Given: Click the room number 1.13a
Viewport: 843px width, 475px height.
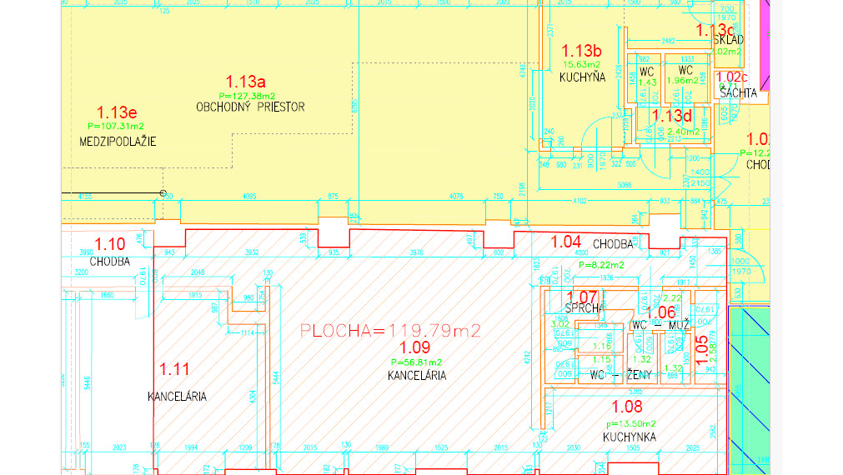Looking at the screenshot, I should pos(245,82).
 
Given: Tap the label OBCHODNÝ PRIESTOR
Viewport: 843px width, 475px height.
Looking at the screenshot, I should pos(250,107).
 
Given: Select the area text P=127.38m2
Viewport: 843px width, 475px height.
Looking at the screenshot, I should pos(247,95).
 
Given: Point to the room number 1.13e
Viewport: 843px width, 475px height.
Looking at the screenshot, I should pos(117,112).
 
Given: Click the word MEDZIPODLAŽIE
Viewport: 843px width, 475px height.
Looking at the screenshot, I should pos(118,141).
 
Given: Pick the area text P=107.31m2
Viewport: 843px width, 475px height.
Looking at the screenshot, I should pos(115,126).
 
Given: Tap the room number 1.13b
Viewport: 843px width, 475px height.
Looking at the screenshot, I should pos(581,50).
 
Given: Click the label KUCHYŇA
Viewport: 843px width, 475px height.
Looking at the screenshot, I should pos(581,77).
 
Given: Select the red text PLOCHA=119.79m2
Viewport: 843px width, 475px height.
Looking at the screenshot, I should pos(390,331).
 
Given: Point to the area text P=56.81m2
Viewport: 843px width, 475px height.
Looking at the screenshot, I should pos(416,362).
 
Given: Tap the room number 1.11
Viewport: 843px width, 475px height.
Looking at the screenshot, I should pos(174,367).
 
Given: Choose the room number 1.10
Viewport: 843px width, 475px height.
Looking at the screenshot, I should pos(109,244).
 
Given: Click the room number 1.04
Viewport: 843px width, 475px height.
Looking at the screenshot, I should pos(566,241).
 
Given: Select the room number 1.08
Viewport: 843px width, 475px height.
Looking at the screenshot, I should pos(628,407).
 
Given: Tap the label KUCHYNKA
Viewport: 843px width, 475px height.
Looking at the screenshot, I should pos(630,437).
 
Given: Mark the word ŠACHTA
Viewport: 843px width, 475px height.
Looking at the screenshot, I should pos(738,93).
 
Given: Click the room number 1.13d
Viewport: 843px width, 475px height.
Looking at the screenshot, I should pos(672,116).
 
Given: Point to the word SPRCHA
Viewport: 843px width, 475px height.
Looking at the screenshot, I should pos(583,307).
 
